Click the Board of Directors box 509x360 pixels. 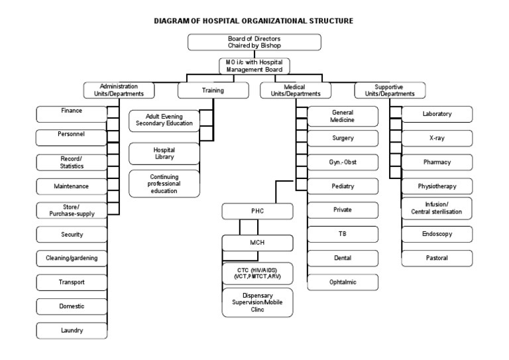(254, 42)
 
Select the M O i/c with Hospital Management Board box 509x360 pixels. (254, 66)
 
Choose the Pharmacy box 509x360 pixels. (436, 162)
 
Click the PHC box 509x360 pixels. (257, 211)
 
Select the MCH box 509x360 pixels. (257, 243)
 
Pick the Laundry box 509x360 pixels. (72, 330)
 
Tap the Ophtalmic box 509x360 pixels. (342, 282)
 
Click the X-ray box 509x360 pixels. (436, 138)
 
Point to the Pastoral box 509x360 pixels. (436, 257)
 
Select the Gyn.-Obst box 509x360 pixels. (342, 162)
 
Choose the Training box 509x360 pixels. (213, 90)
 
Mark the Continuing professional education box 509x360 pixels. (164, 184)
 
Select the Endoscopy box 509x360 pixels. (436, 233)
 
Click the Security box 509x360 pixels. (72, 234)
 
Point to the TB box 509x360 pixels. (342, 233)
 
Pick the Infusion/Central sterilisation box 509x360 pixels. (436, 208)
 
